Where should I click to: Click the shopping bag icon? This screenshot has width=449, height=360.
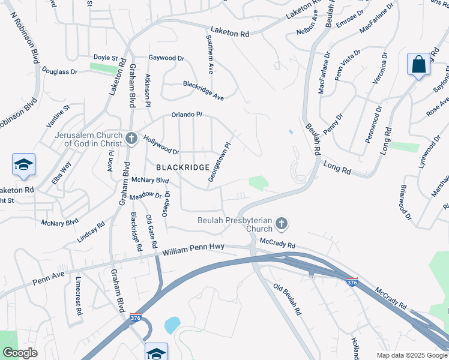[x=418, y=65]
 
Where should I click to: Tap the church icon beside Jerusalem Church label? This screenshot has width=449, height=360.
[x=131, y=139]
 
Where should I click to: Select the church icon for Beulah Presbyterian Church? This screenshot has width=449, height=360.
[x=281, y=225]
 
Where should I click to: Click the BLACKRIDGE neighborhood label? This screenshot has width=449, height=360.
[x=183, y=167]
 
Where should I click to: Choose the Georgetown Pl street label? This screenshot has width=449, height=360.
[x=220, y=162]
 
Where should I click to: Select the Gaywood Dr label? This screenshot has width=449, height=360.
[x=166, y=58]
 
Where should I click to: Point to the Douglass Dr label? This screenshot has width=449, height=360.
[x=60, y=71]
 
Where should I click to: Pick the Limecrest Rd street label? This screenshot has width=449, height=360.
[x=78, y=296]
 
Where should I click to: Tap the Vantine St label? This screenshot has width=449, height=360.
[x=58, y=116]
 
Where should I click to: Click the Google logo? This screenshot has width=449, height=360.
[x=19, y=353]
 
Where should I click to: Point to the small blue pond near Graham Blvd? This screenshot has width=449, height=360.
[x=172, y=325]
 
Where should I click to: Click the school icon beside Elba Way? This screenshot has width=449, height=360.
[x=23, y=165]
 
